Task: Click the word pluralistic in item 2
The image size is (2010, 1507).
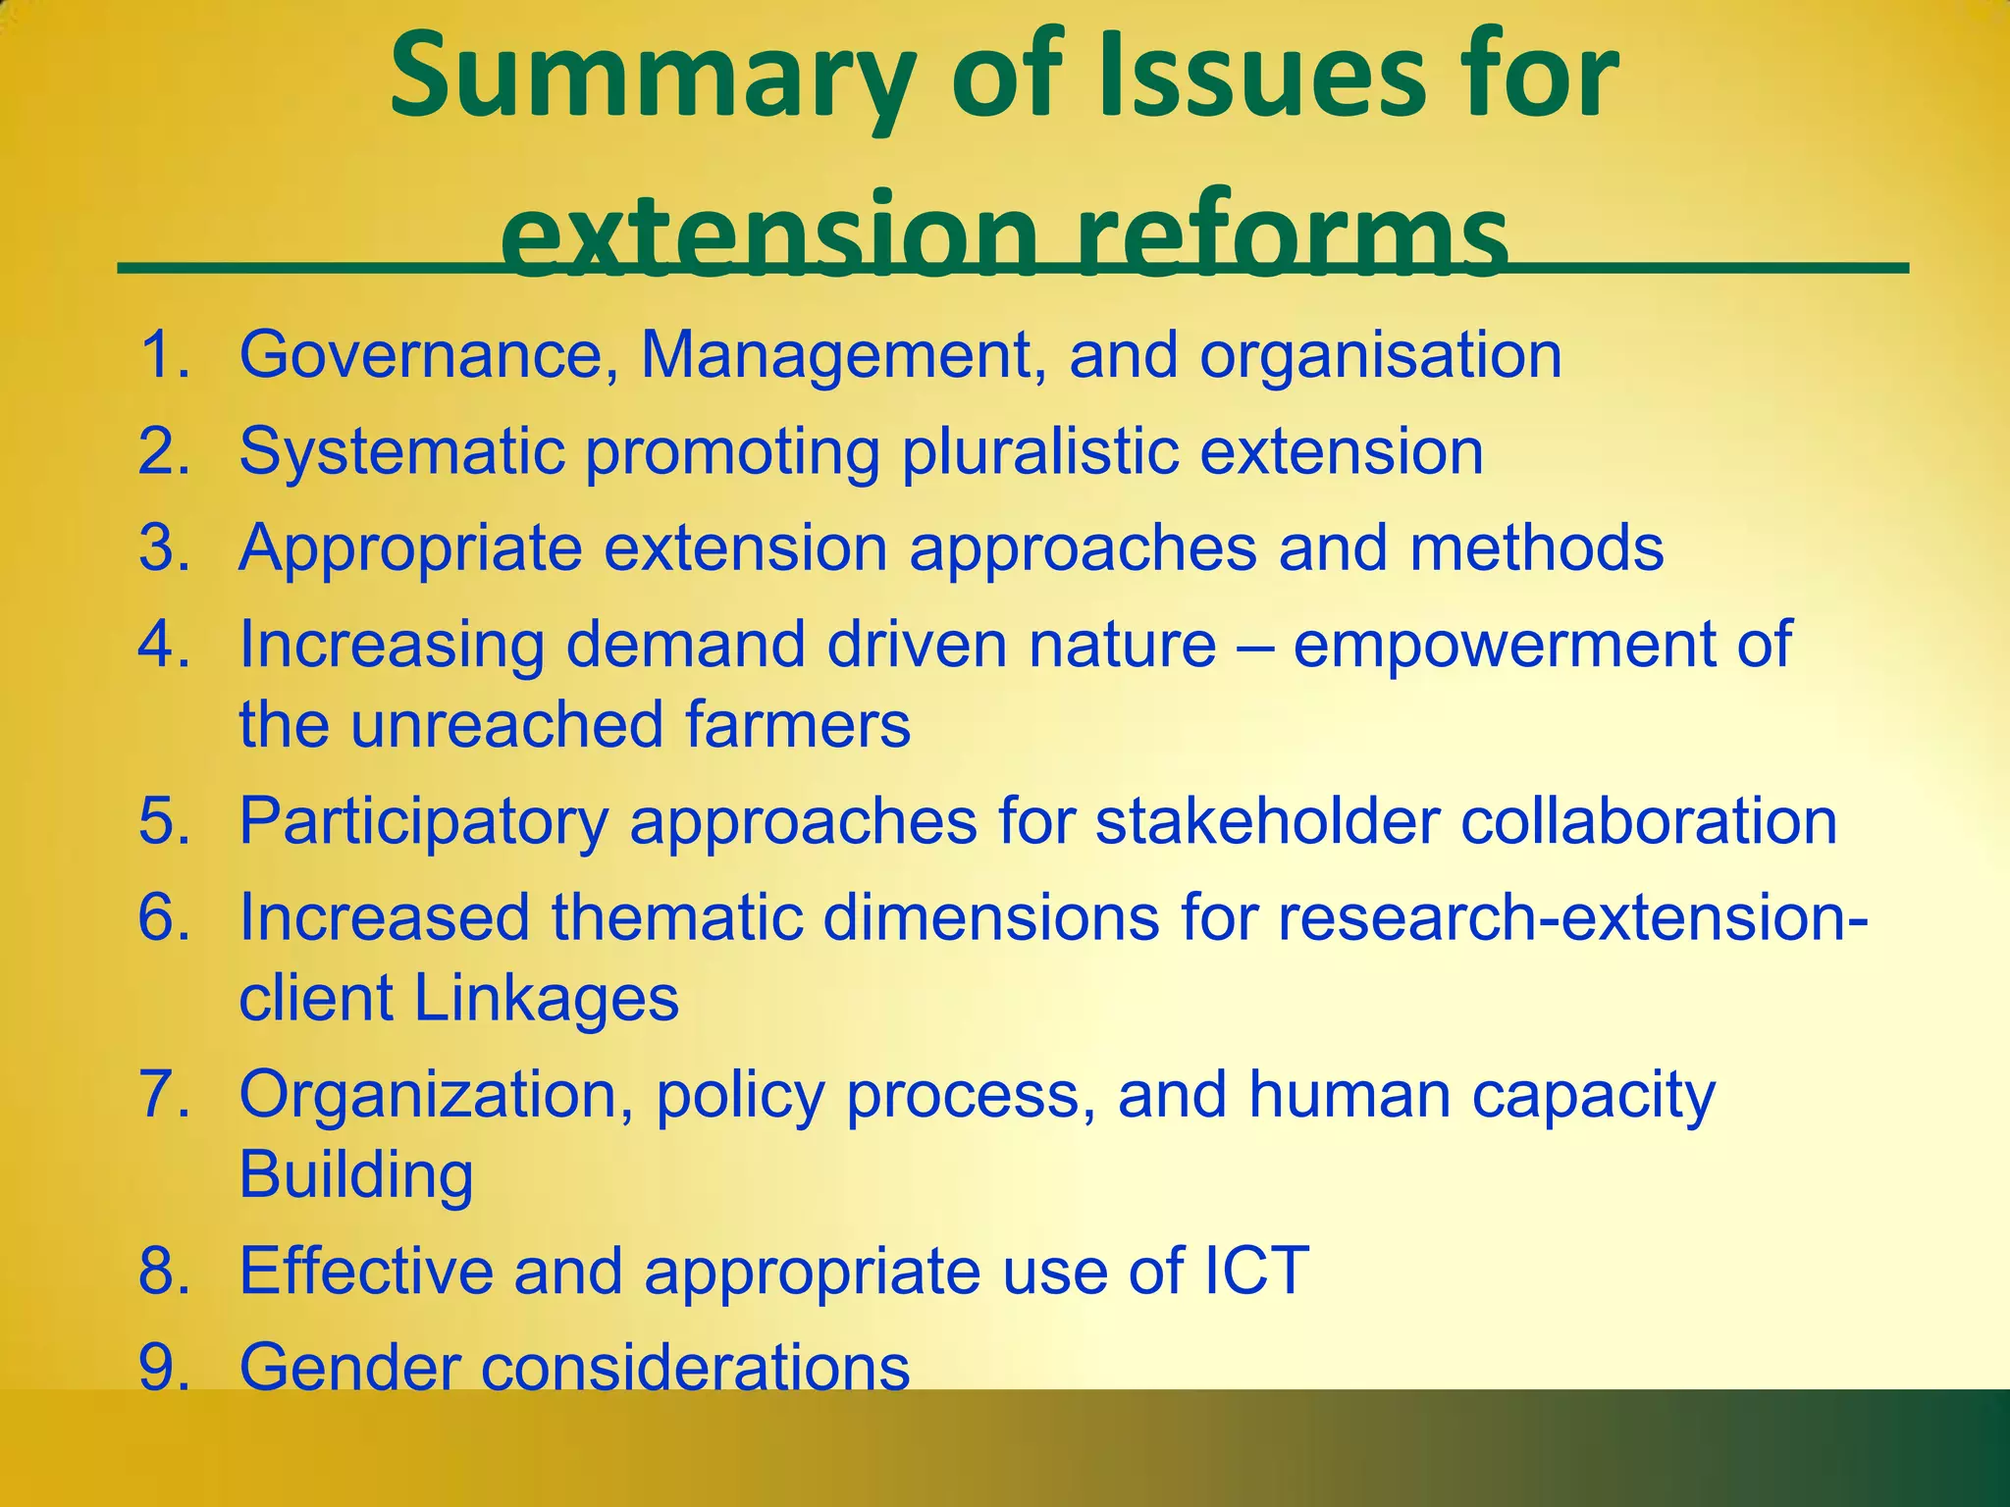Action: tap(1039, 452)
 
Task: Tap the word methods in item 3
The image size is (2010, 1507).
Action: tap(1537, 547)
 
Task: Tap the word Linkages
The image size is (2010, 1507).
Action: tap(546, 999)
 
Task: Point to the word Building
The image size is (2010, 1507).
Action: tap(356, 1174)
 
